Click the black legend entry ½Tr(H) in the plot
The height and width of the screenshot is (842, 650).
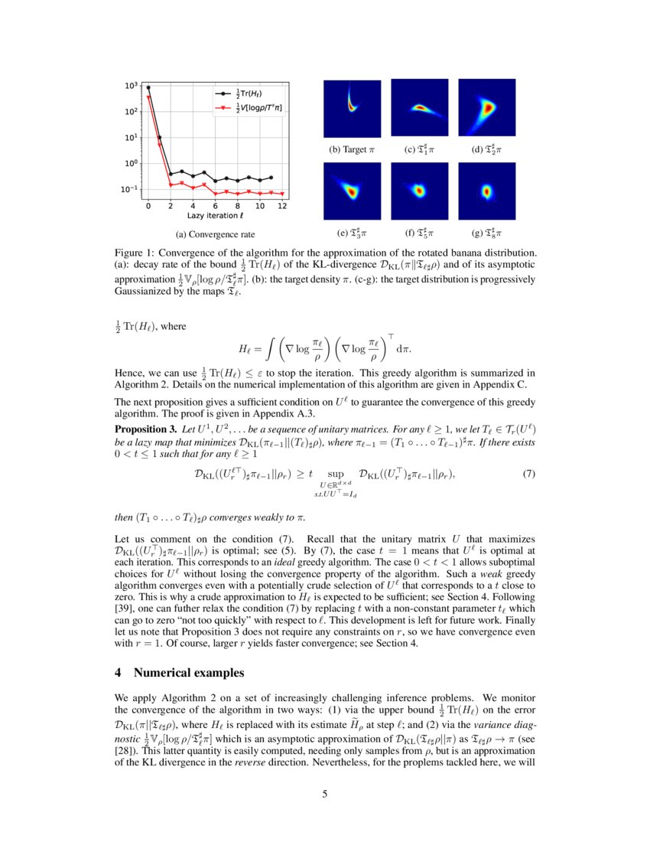245,93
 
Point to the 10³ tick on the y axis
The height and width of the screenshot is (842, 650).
132,86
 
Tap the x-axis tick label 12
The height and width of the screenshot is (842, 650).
283,206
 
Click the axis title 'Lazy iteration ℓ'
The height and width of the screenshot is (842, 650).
215,217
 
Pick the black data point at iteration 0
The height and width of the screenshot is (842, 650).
148,87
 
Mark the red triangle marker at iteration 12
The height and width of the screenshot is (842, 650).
283,194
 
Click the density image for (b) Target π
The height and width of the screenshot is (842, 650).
352,108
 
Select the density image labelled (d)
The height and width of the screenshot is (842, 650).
486,108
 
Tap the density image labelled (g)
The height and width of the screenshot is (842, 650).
486,191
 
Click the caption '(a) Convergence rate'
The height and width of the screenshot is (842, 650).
215,234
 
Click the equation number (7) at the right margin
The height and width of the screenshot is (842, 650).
528,474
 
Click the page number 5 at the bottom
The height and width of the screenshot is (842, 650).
325,793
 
